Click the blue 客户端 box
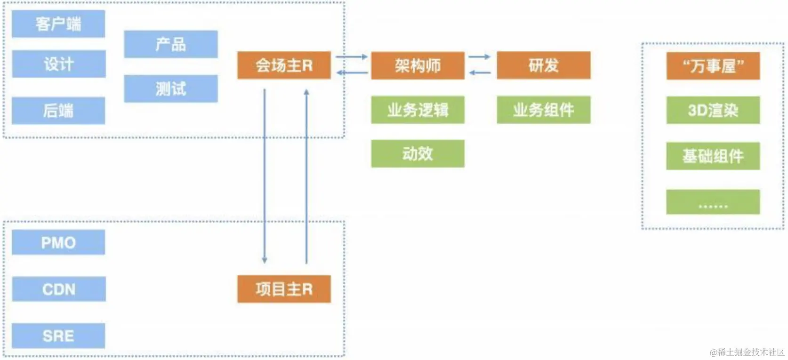(x=58, y=24)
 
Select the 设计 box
(x=58, y=64)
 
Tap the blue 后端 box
(x=58, y=111)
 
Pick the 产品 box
(x=171, y=44)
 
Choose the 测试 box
(x=171, y=88)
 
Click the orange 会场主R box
(x=284, y=65)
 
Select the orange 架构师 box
(x=418, y=65)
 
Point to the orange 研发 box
(x=543, y=65)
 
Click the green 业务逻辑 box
(x=418, y=110)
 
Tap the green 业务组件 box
(x=543, y=110)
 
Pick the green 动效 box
(x=418, y=153)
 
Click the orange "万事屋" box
(x=713, y=66)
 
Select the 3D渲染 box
(x=713, y=110)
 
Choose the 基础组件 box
(x=713, y=156)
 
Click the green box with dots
(x=713, y=202)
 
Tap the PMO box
(x=58, y=242)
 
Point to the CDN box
(x=58, y=289)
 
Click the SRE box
(x=58, y=336)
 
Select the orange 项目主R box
(x=284, y=289)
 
